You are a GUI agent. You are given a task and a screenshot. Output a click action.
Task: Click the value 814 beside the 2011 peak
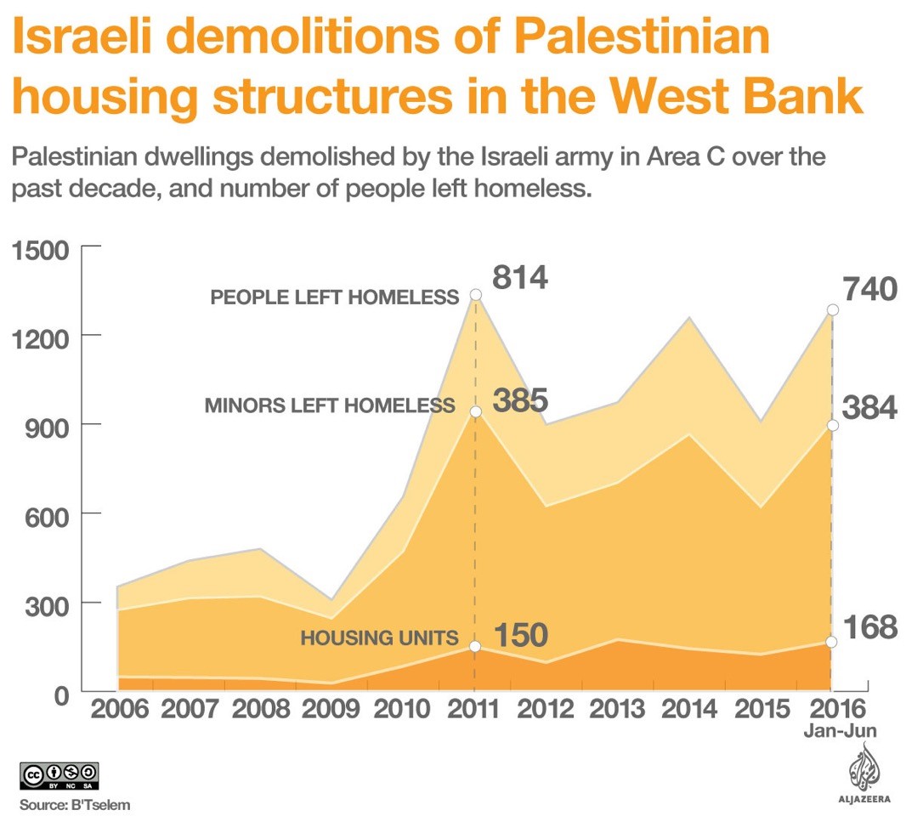point(520,278)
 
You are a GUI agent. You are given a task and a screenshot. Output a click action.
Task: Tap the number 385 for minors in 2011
point(520,400)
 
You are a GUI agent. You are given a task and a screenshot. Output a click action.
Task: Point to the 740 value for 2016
point(869,291)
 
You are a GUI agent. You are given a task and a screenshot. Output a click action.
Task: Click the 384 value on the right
point(869,409)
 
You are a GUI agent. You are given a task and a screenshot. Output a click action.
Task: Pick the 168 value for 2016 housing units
point(869,628)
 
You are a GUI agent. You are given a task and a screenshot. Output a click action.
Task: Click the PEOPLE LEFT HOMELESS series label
point(334,297)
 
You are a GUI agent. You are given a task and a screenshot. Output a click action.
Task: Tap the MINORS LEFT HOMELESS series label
point(330,406)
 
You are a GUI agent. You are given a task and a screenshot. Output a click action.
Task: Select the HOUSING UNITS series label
point(379,638)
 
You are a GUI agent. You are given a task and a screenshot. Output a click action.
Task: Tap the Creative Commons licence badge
point(59,775)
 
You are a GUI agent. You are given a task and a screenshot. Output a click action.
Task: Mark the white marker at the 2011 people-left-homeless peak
point(475,295)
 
